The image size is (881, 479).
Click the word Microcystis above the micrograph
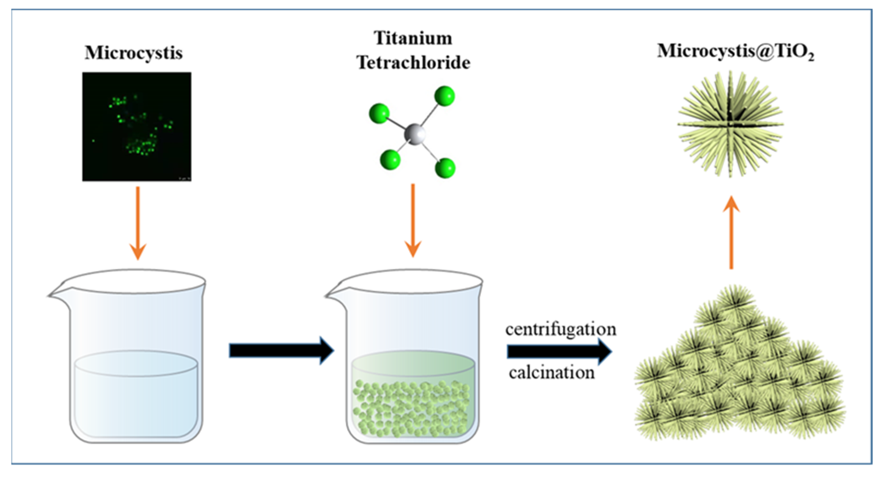point(134,53)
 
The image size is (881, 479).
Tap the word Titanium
point(413,38)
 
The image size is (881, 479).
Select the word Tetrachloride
point(413,62)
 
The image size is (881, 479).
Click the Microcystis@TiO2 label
point(735,51)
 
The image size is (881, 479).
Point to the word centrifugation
point(561,329)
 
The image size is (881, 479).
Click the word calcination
point(552,373)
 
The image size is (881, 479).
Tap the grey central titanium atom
point(415,134)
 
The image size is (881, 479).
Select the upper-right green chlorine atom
point(444,96)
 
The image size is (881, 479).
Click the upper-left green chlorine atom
point(379,113)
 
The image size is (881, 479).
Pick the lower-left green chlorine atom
point(390,159)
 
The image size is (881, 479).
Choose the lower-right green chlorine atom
point(445,168)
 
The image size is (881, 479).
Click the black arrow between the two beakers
point(281,351)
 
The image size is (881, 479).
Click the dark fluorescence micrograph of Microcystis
point(137,127)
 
